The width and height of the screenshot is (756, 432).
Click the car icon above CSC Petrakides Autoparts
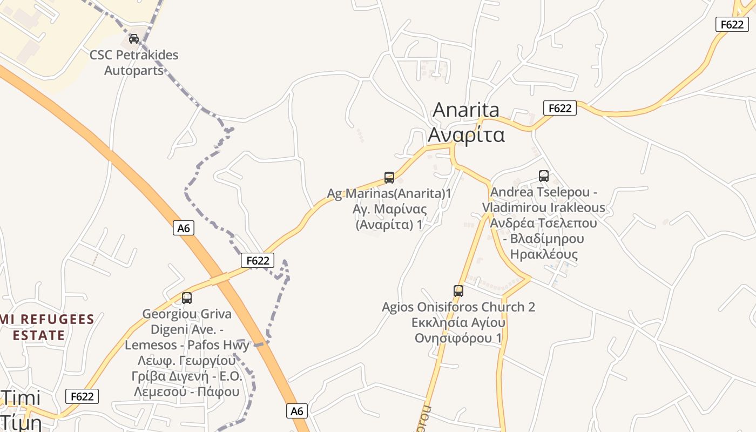point(133,38)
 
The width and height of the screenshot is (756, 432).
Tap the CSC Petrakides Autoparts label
point(133,63)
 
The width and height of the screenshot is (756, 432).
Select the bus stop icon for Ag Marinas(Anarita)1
point(389,177)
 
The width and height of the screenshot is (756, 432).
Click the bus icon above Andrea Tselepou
point(543,175)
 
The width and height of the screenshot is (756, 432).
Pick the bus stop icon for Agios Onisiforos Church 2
point(458,291)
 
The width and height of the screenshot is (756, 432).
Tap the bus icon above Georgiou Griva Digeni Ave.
point(187,298)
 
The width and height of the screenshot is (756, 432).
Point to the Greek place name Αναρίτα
point(466,134)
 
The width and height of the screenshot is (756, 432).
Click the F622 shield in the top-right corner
point(732,24)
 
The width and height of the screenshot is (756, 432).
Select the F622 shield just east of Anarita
point(559,108)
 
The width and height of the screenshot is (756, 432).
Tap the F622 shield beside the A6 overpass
point(258,260)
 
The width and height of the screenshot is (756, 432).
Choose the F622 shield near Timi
point(82,396)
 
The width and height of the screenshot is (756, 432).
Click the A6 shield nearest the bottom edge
point(297,411)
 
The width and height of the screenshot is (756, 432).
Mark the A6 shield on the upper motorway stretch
point(184,228)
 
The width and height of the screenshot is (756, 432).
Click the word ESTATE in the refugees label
point(39,335)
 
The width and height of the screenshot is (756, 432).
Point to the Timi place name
point(22,399)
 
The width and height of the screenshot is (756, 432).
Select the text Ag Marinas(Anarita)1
point(389,193)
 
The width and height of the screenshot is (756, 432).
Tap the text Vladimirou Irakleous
point(543,208)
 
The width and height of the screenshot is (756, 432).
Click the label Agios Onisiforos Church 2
point(458,307)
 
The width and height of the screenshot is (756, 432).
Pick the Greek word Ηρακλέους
point(543,254)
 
